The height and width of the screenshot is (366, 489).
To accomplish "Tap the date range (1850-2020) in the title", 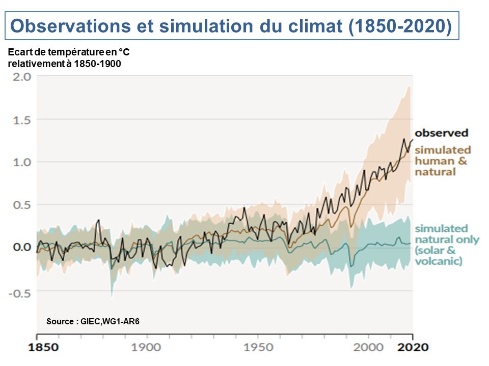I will (x=399, y=26).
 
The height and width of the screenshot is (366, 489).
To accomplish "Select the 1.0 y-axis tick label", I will (x=21, y=162).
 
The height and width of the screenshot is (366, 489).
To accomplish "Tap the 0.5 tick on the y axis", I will (x=21, y=205).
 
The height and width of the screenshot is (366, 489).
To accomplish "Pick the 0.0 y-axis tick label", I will (x=21, y=247).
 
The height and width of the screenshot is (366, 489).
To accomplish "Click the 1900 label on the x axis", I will (x=147, y=348).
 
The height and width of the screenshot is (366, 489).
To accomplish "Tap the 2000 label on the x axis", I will (x=368, y=348).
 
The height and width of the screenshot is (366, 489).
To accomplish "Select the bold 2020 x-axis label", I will (x=413, y=348).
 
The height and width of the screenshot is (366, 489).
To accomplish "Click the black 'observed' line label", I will (x=441, y=133).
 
